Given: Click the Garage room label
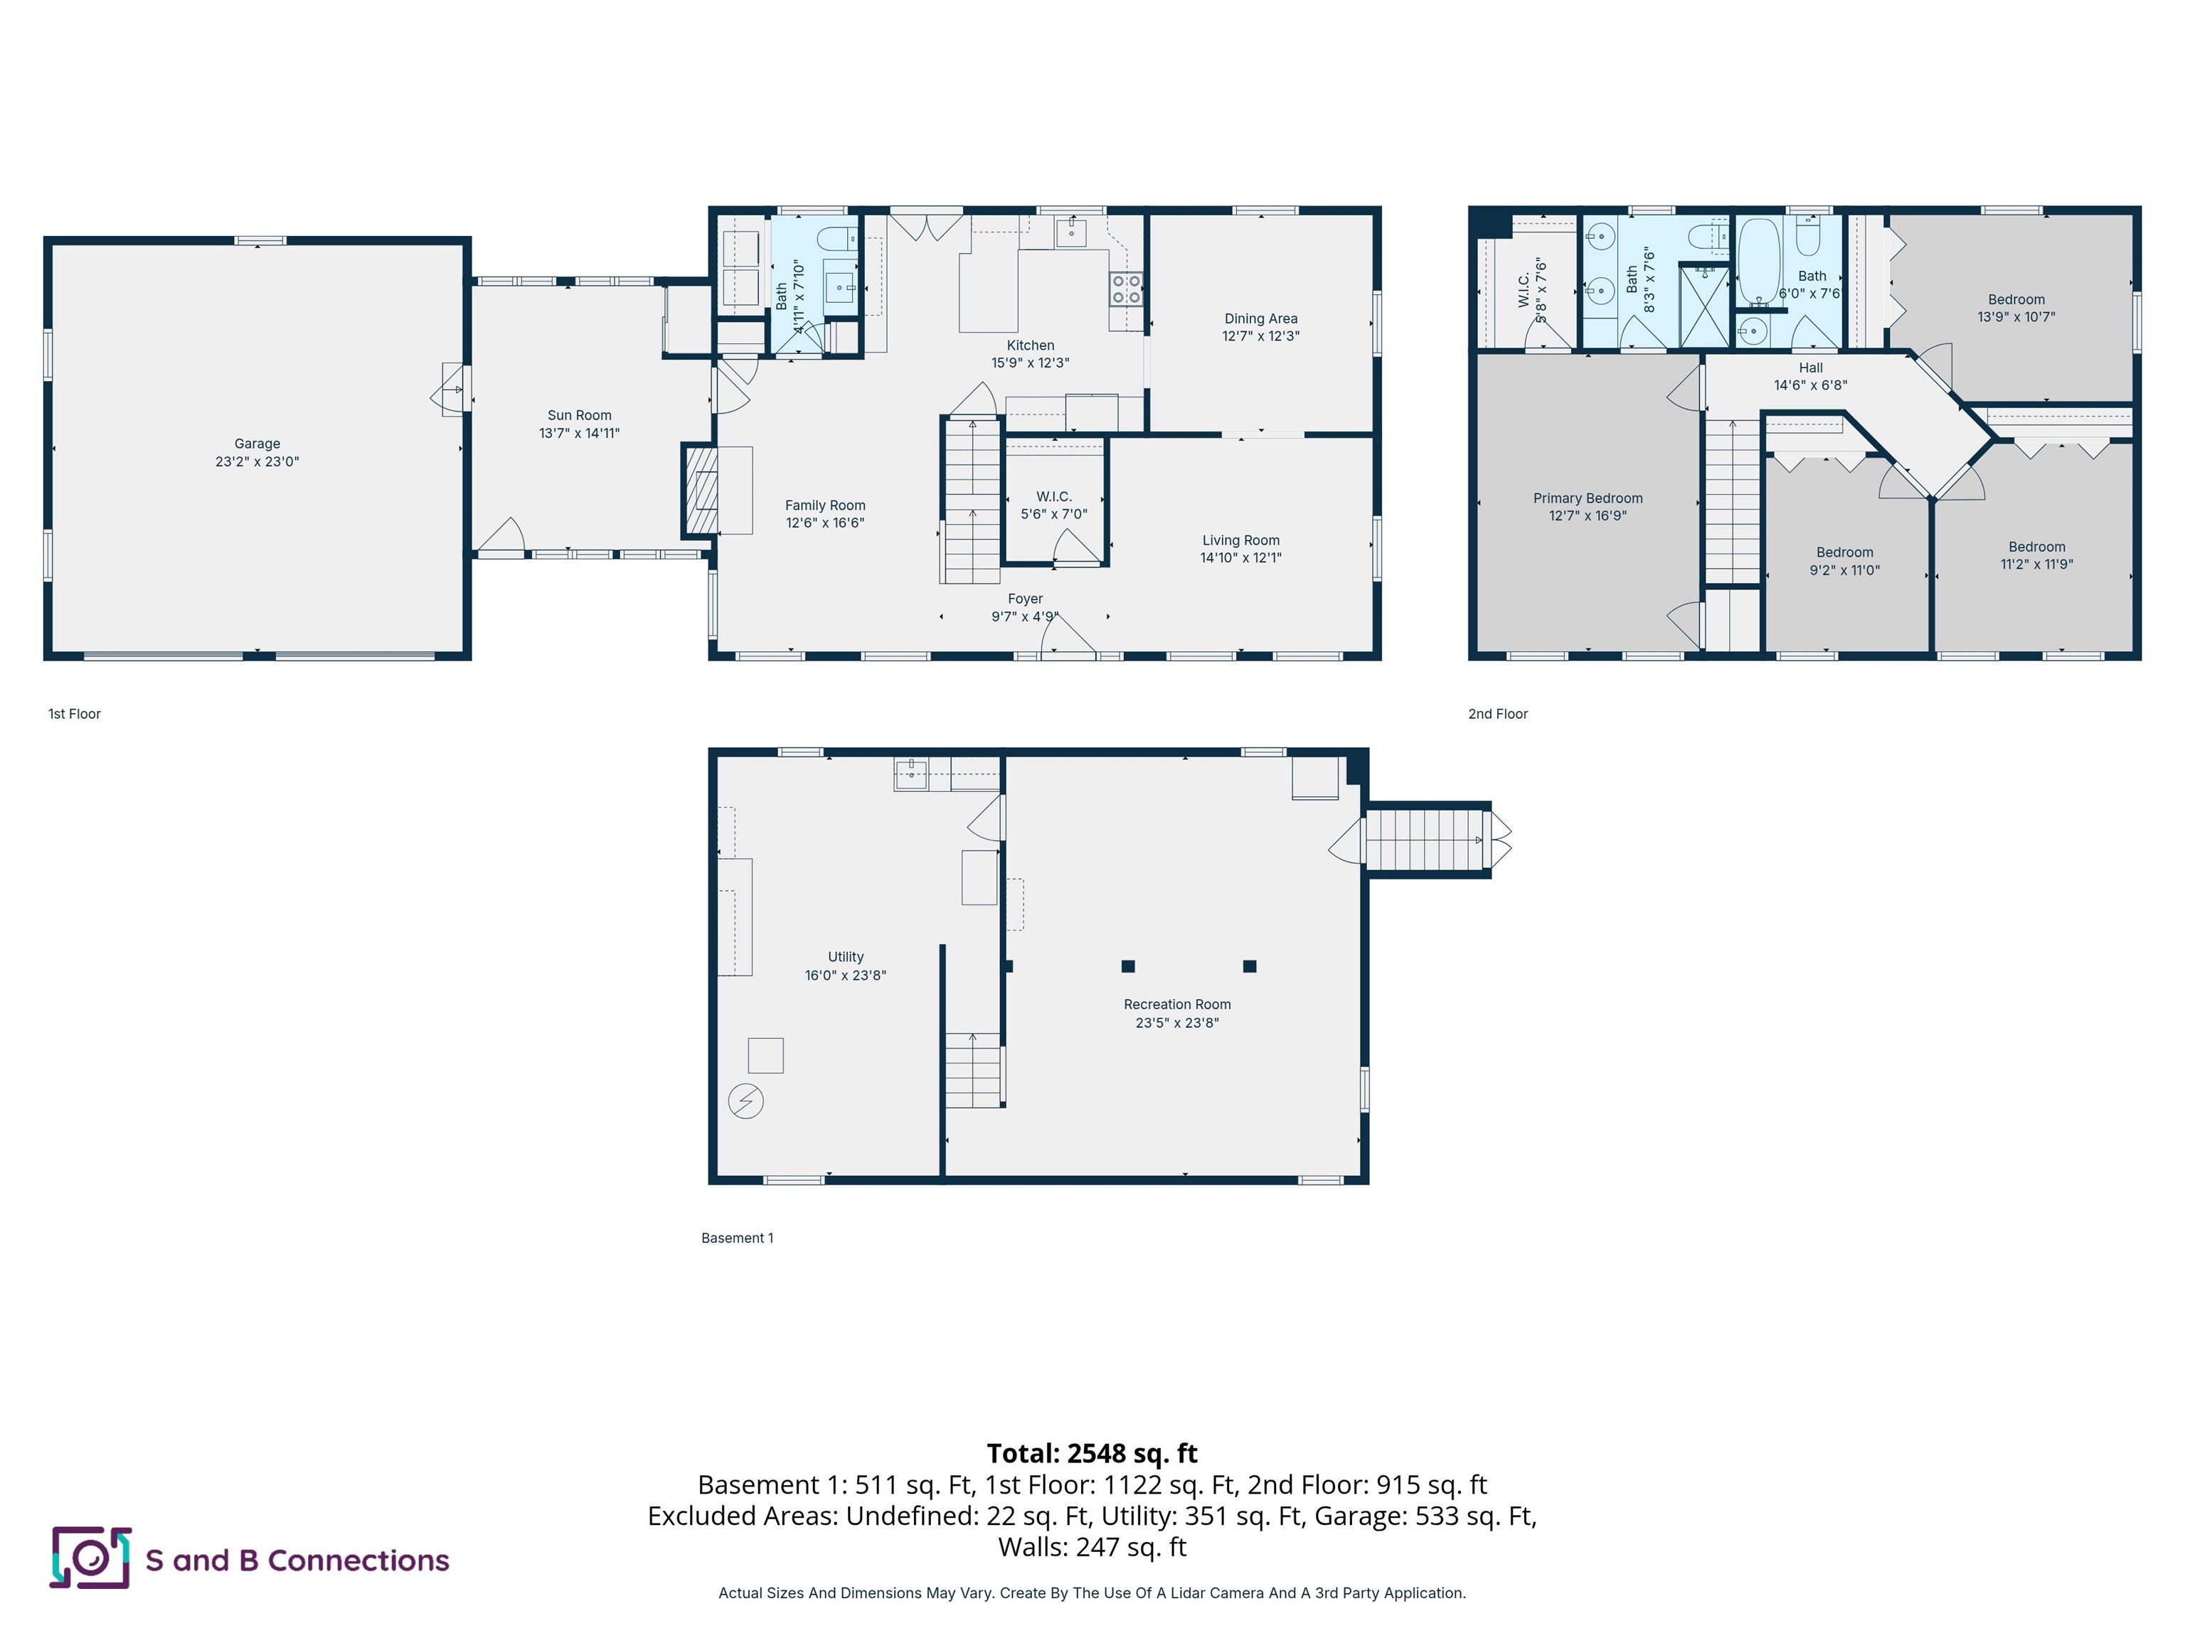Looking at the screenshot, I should (x=257, y=444).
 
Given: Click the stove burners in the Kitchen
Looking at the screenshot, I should (x=1126, y=289).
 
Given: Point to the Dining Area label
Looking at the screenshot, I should (x=1260, y=319).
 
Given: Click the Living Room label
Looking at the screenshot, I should (x=1240, y=540).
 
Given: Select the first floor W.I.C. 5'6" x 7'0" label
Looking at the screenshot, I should (x=1054, y=505).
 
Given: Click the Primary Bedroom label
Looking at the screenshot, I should (x=1588, y=498).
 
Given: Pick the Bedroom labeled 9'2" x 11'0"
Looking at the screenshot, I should (x=1844, y=561).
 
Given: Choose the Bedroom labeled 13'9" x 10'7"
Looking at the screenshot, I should (x=2016, y=308).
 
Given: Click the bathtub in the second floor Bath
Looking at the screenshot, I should (x=1758, y=261).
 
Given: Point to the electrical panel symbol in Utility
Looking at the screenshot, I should (x=746, y=1101).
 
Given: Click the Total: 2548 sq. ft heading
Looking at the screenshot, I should (x=1092, y=1453).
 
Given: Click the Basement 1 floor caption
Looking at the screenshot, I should (x=737, y=1238).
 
